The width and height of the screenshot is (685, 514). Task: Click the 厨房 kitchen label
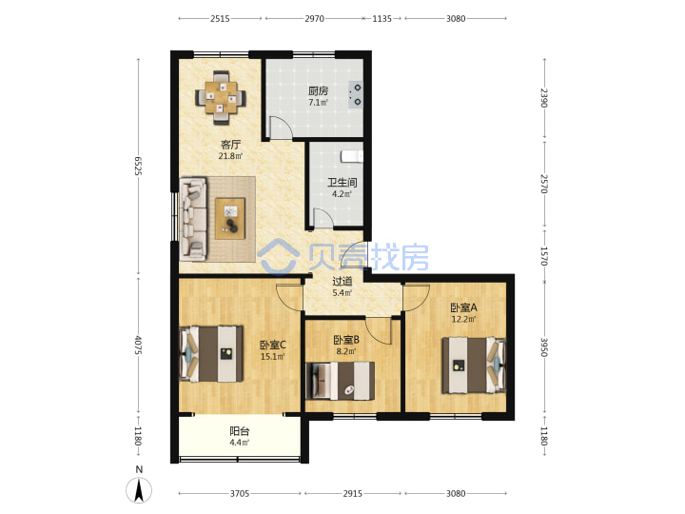318,91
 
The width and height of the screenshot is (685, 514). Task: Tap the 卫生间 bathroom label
342,182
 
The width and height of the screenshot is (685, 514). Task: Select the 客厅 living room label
230,145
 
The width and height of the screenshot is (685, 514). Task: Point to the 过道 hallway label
342,281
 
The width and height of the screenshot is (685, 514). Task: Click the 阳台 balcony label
240,431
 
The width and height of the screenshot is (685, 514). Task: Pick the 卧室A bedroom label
463,307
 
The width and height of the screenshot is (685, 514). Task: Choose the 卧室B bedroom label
346,340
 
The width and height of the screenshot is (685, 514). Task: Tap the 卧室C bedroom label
273,345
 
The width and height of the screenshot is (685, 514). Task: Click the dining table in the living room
221,97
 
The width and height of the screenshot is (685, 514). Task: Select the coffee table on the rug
230,219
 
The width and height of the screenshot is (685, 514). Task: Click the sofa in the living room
192,219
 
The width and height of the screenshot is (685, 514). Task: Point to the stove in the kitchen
356,95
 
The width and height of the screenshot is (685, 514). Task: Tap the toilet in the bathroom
352,156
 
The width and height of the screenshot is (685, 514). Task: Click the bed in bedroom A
474,366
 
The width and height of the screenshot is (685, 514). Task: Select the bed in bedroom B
340,381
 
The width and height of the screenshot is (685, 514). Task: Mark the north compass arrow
139,490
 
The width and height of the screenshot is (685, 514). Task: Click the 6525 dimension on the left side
138,166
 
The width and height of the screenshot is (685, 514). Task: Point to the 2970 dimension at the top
315,18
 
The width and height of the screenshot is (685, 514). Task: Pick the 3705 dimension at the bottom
240,493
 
